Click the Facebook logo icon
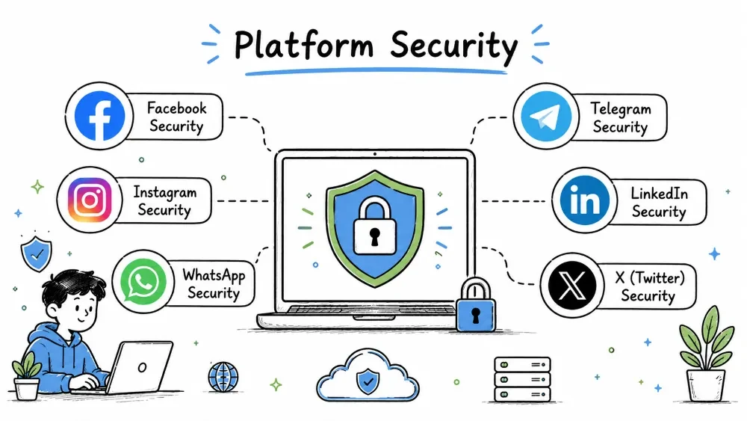tap(100, 116)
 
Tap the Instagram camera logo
tap(90, 200)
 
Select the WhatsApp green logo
tap(143, 281)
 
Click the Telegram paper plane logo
tap(546, 117)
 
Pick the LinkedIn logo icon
tap(585, 200)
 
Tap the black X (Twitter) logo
tap(571, 285)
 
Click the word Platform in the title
tap(303, 46)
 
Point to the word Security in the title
tap(453, 46)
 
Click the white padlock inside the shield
tap(374, 226)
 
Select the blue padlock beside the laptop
tap(475, 306)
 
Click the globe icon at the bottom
tap(223, 377)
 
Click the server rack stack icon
tap(522, 380)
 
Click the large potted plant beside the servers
tap(706, 354)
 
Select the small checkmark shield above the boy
tap(36, 253)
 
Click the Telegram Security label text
tap(620, 117)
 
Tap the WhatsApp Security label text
tap(214, 283)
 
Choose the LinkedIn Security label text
tap(659, 202)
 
